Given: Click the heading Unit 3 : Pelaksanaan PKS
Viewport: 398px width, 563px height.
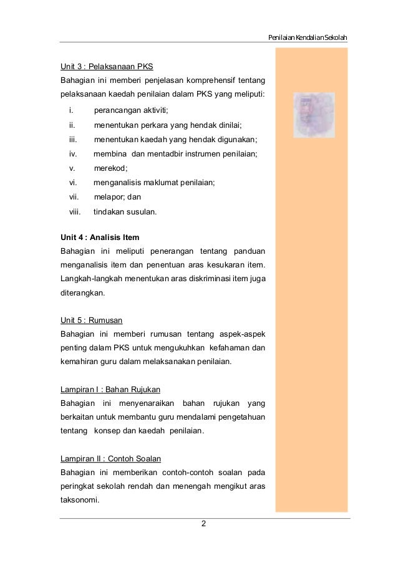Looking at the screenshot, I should point(107,66).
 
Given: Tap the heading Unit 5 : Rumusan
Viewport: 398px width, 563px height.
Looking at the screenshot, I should point(91,320).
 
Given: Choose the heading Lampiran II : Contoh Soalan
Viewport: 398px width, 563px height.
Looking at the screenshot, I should point(110,459).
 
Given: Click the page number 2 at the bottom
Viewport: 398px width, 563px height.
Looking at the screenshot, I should point(203,524).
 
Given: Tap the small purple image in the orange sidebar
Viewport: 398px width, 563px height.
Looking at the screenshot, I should point(314,115).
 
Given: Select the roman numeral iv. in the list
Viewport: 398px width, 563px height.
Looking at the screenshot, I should point(73,153).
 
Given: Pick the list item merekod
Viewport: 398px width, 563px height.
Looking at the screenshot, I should point(110,168).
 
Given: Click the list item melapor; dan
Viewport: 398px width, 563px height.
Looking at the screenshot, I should point(117,197).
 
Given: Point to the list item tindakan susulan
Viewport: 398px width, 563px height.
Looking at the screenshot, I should point(125,211).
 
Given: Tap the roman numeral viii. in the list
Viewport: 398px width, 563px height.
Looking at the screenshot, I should point(75,211).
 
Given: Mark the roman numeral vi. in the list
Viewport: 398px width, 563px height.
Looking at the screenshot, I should point(73,182).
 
